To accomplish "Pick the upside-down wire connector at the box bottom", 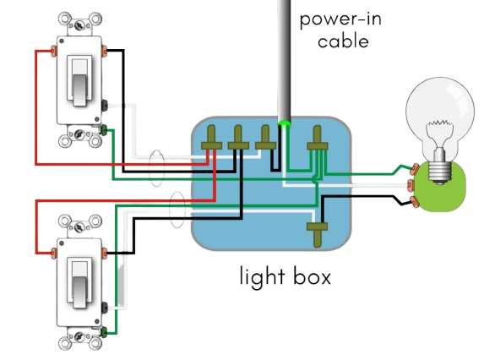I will tap(318, 233).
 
